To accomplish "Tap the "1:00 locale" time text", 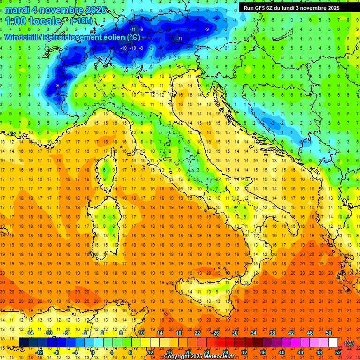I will pos(33,21).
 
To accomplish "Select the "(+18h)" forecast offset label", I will pos(81,21).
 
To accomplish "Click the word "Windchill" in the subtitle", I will pos(22,37).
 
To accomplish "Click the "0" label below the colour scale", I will pos(93,352).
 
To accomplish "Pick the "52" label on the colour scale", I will pos(338,352).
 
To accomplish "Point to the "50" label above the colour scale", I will pos(329,333).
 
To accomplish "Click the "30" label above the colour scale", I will pos(234,333).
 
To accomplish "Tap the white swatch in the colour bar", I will pos(333,343).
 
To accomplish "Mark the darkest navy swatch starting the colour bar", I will pos(23,343).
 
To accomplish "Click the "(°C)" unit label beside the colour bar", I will pos(349,343).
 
